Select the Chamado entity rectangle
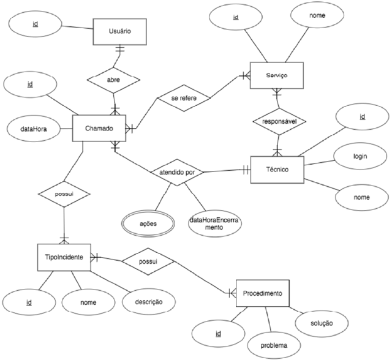coord(99,128)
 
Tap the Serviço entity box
coord(276,75)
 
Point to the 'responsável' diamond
coord(279,121)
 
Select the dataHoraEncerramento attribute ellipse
coord(214,223)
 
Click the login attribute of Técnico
coord(360,157)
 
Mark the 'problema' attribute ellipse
coord(273,345)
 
